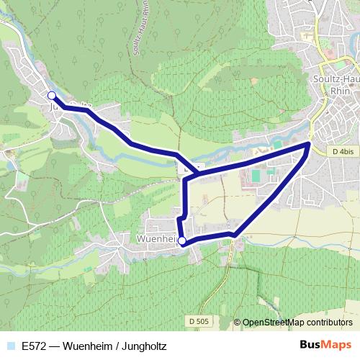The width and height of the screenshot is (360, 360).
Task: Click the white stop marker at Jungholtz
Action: click(x=51, y=95)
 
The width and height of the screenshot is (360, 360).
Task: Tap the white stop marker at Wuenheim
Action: click(x=182, y=241)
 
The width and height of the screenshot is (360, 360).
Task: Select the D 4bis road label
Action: click(x=344, y=152)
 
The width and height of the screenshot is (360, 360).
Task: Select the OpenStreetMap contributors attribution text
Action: click(x=297, y=323)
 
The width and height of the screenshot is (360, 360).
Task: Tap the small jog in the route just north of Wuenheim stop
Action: click(x=183, y=217)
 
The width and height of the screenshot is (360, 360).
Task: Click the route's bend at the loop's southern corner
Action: click(x=234, y=234)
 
